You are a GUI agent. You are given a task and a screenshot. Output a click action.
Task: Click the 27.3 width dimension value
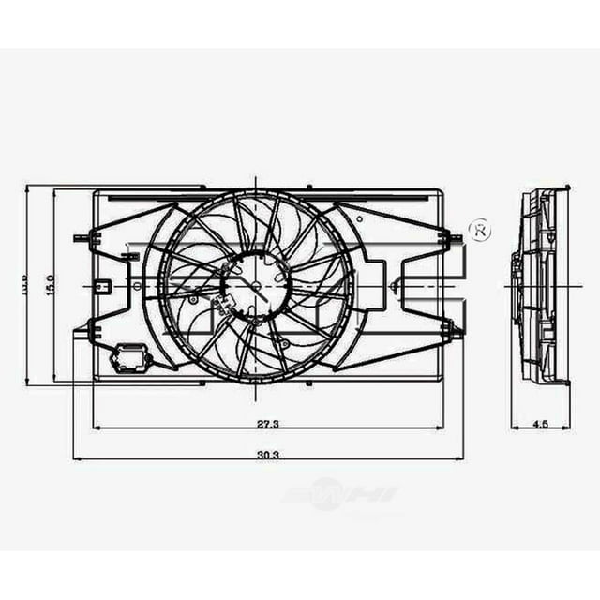269,424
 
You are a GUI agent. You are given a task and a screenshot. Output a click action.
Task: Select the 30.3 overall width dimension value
269,454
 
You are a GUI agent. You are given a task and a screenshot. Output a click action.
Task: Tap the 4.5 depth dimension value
540,424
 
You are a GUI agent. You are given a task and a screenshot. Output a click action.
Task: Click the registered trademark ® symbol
479,229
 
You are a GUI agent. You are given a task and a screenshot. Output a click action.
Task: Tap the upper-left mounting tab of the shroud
86,239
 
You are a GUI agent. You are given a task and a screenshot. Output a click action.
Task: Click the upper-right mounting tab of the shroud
453,238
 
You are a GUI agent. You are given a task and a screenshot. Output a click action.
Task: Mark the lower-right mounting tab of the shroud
453,327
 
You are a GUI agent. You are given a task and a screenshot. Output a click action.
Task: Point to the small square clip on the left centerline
105,285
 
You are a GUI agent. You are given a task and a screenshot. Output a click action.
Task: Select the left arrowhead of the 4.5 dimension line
515,428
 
